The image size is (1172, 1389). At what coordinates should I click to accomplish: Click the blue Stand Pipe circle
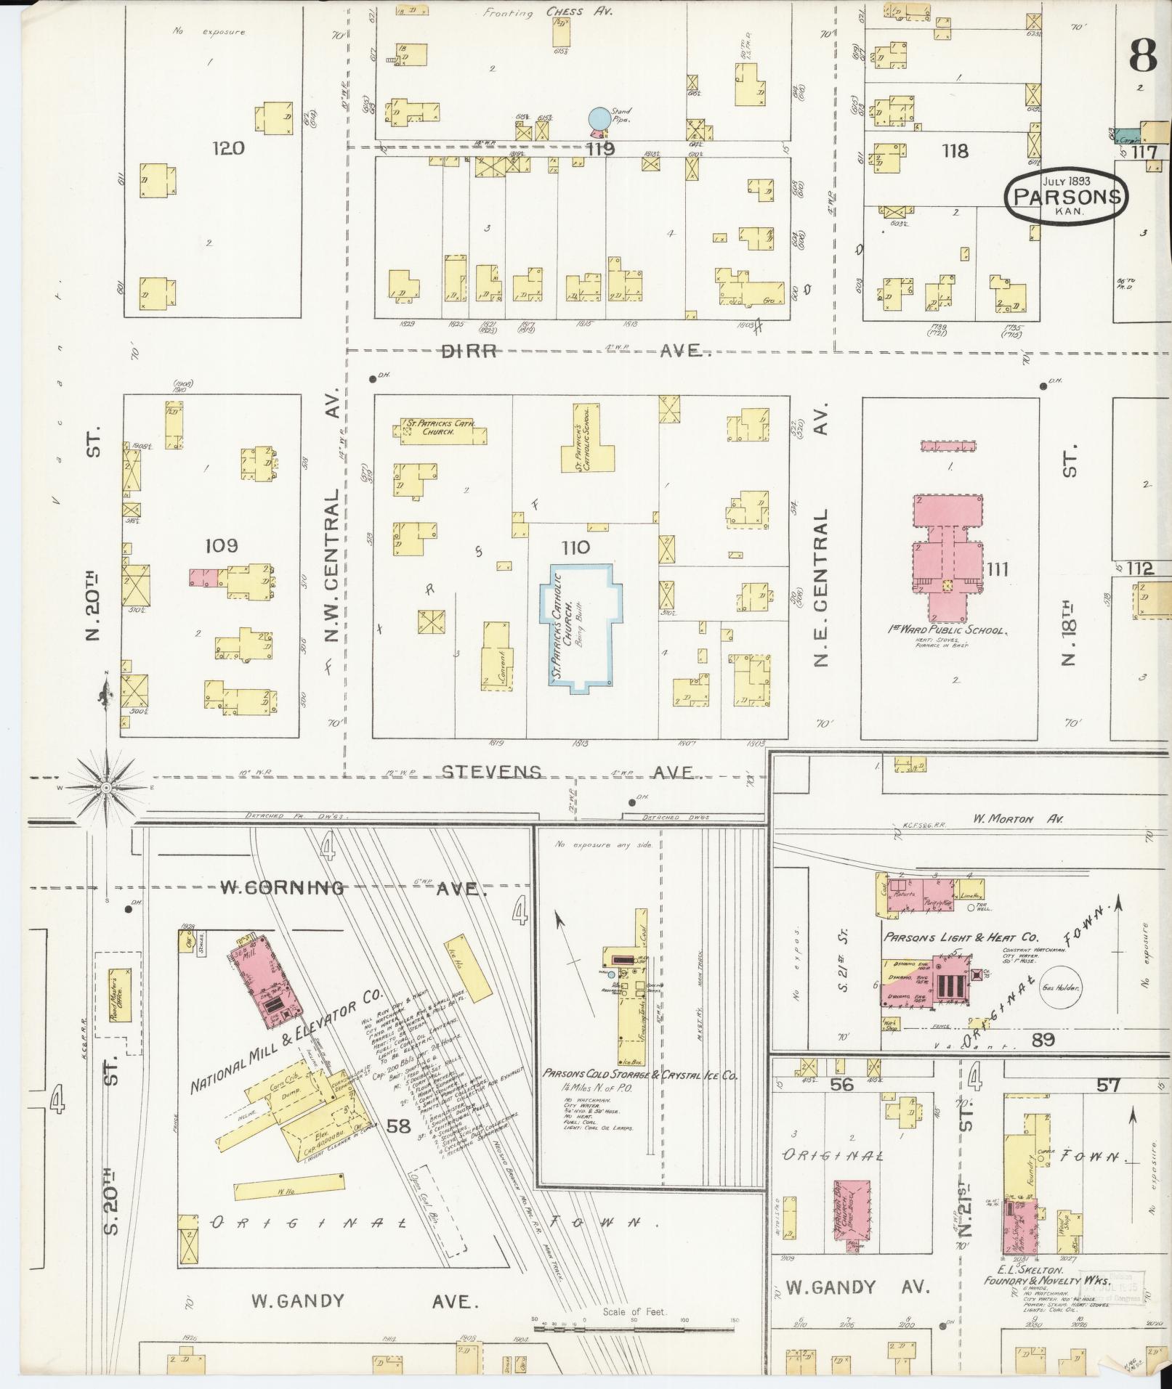pos(599,117)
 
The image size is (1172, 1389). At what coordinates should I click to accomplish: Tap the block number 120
pos(228,148)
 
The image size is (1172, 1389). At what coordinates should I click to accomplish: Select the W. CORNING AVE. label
pos(352,887)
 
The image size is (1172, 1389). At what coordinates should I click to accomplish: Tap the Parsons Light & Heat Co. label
pos(961,937)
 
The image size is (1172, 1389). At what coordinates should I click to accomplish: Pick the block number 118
pos(955,150)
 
